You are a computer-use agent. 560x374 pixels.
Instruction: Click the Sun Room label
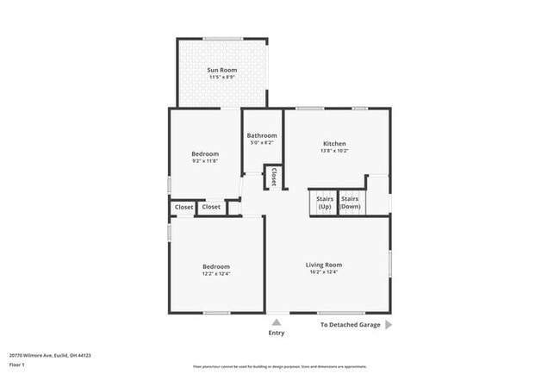[x=222, y=70]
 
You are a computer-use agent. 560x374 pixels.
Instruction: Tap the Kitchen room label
[x=334, y=143]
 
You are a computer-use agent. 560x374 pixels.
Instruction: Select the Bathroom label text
[x=262, y=135]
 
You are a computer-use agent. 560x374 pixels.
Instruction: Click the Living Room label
[x=324, y=265]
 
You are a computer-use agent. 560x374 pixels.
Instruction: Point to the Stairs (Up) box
[x=325, y=203]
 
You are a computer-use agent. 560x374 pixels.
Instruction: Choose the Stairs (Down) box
[x=350, y=203]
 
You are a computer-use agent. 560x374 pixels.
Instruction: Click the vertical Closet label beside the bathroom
[x=274, y=177]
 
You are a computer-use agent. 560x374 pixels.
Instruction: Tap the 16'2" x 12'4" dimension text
[x=324, y=272]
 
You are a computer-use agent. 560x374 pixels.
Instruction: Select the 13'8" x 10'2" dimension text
[x=334, y=151]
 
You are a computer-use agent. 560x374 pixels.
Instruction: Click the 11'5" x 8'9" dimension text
[x=222, y=78]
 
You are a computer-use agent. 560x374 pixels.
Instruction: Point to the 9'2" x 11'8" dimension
[x=205, y=161]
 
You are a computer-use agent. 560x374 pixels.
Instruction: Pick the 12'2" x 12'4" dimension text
[x=216, y=274]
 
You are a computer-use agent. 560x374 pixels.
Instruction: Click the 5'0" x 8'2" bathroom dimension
[x=262, y=143]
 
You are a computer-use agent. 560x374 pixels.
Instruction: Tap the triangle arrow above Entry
[x=277, y=323]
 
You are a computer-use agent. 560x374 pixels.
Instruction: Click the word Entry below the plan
[x=277, y=333]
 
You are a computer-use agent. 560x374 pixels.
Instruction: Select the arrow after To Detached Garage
[x=389, y=325]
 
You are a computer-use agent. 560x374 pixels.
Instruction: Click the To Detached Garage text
[x=350, y=325]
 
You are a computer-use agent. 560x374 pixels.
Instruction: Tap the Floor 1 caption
[x=18, y=365]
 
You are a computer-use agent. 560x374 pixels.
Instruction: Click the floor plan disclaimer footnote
[x=280, y=367]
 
